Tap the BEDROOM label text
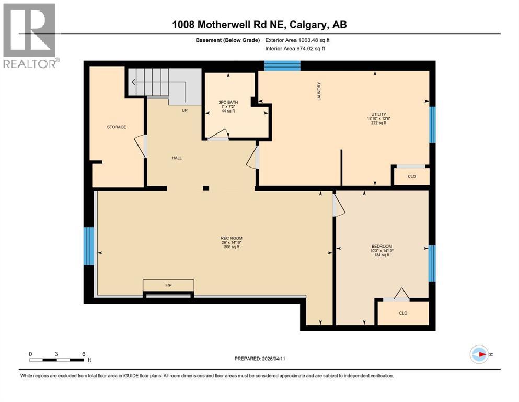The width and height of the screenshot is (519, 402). [382, 247]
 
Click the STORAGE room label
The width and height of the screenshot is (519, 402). [117, 127]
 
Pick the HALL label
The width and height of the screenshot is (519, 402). [177, 158]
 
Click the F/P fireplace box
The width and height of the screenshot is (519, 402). [169, 286]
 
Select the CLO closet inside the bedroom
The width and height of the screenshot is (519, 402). [403, 313]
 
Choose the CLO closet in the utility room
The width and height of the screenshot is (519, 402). [411, 176]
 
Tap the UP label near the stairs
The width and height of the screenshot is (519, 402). [184, 110]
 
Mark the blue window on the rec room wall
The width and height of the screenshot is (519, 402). [89, 246]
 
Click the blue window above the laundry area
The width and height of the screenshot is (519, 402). [282, 65]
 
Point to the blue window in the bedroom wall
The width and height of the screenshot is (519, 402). [432, 263]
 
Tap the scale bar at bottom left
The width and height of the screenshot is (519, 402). [57, 360]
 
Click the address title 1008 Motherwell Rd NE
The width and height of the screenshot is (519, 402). [259, 25]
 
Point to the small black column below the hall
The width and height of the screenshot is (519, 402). [206, 188]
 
